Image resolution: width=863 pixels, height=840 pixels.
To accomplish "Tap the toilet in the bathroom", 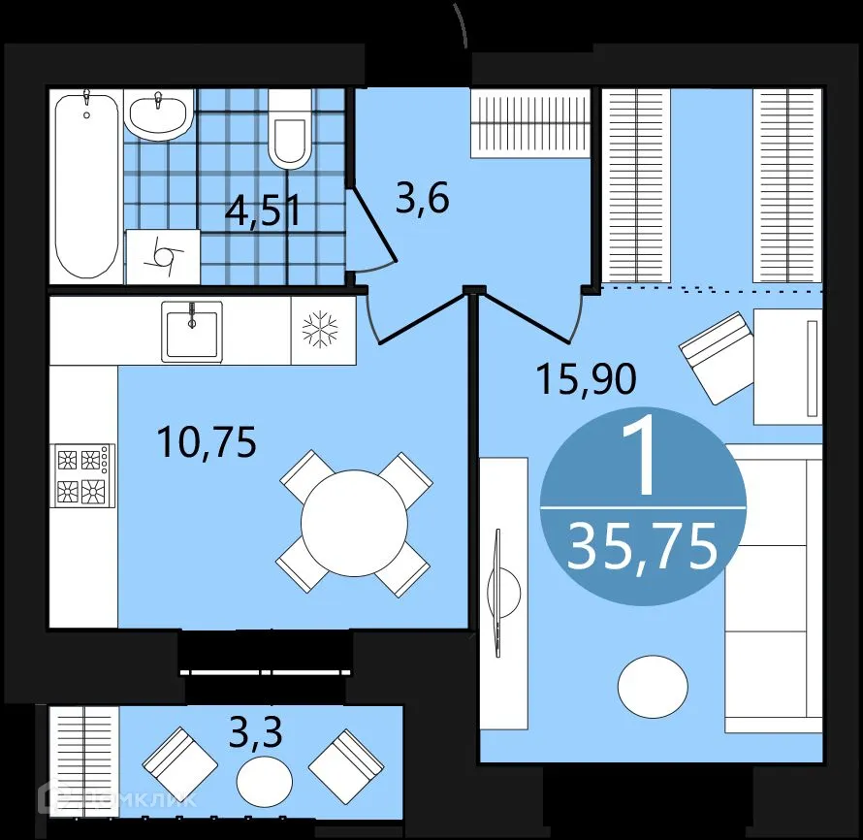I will pyautogui.click(x=290, y=131).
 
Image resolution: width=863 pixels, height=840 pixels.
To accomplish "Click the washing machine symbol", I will pyautogui.click(x=163, y=257).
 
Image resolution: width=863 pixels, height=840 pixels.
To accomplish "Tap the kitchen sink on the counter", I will pyautogui.click(x=193, y=330).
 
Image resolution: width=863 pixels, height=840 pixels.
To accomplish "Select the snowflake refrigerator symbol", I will pyautogui.click(x=318, y=331).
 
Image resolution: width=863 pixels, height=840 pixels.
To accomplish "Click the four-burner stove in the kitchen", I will pyautogui.click(x=82, y=475).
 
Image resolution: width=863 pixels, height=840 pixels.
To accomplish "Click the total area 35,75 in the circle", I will pyautogui.click(x=643, y=546).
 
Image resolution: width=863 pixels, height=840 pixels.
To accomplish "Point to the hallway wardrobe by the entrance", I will pyautogui.click(x=530, y=122).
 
